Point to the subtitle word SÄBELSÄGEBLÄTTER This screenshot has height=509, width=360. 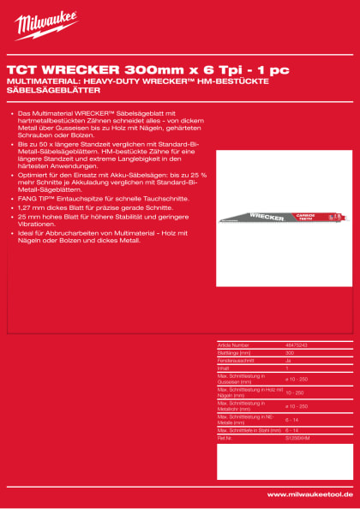tap(54, 89)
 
